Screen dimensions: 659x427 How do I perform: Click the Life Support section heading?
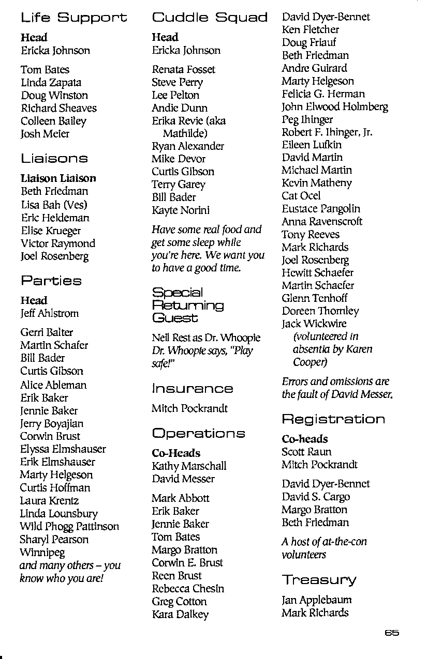pyautogui.click(x=73, y=19)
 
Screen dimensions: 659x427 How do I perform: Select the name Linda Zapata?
pyautogui.click(x=51, y=83)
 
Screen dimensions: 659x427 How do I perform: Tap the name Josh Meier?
pyautogui.click(x=45, y=134)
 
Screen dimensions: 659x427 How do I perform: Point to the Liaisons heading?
pyautogui.click(x=54, y=159)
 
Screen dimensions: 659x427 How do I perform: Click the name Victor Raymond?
pyautogui.click(x=58, y=243)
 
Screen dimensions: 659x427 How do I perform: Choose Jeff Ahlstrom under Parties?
pyautogui.click(x=50, y=313)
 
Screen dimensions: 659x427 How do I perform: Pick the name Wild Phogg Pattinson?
pyautogui.click(x=69, y=527)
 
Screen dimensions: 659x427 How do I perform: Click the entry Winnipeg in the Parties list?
pyautogui.click(x=42, y=553)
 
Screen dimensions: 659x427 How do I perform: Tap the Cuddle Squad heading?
pyautogui.click(x=210, y=18)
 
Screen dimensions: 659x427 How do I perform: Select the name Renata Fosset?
pyautogui.click(x=183, y=69)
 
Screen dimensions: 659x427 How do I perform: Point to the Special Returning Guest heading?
pyautogui.click(x=187, y=305)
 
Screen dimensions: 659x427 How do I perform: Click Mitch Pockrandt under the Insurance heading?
pyautogui.click(x=189, y=408)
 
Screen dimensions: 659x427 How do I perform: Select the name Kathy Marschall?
pyautogui.click(x=189, y=466)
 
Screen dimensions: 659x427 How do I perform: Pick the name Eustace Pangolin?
pyautogui.click(x=321, y=209)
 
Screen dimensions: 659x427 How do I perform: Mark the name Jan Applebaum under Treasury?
pyautogui.click(x=316, y=600)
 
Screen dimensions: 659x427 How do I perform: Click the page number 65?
pyautogui.click(x=392, y=633)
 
